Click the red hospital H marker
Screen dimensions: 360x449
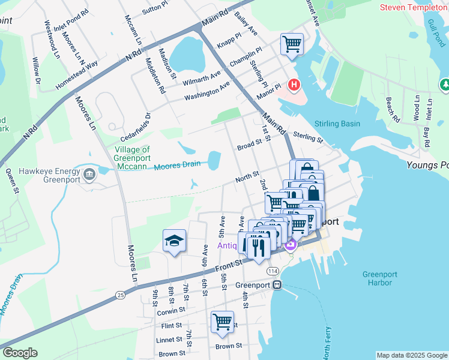(294, 85)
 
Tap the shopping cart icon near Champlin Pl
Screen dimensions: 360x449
(292, 44)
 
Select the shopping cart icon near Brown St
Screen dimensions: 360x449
(222, 322)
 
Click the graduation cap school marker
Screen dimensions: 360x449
(174, 241)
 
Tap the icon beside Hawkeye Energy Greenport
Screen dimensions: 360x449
(90, 175)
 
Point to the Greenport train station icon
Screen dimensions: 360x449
(277, 285)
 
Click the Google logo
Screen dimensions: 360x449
(20, 353)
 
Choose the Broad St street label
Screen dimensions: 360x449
(250, 145)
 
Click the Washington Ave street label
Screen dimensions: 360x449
(207, 91)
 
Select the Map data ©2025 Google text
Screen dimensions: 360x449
(411, 355)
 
